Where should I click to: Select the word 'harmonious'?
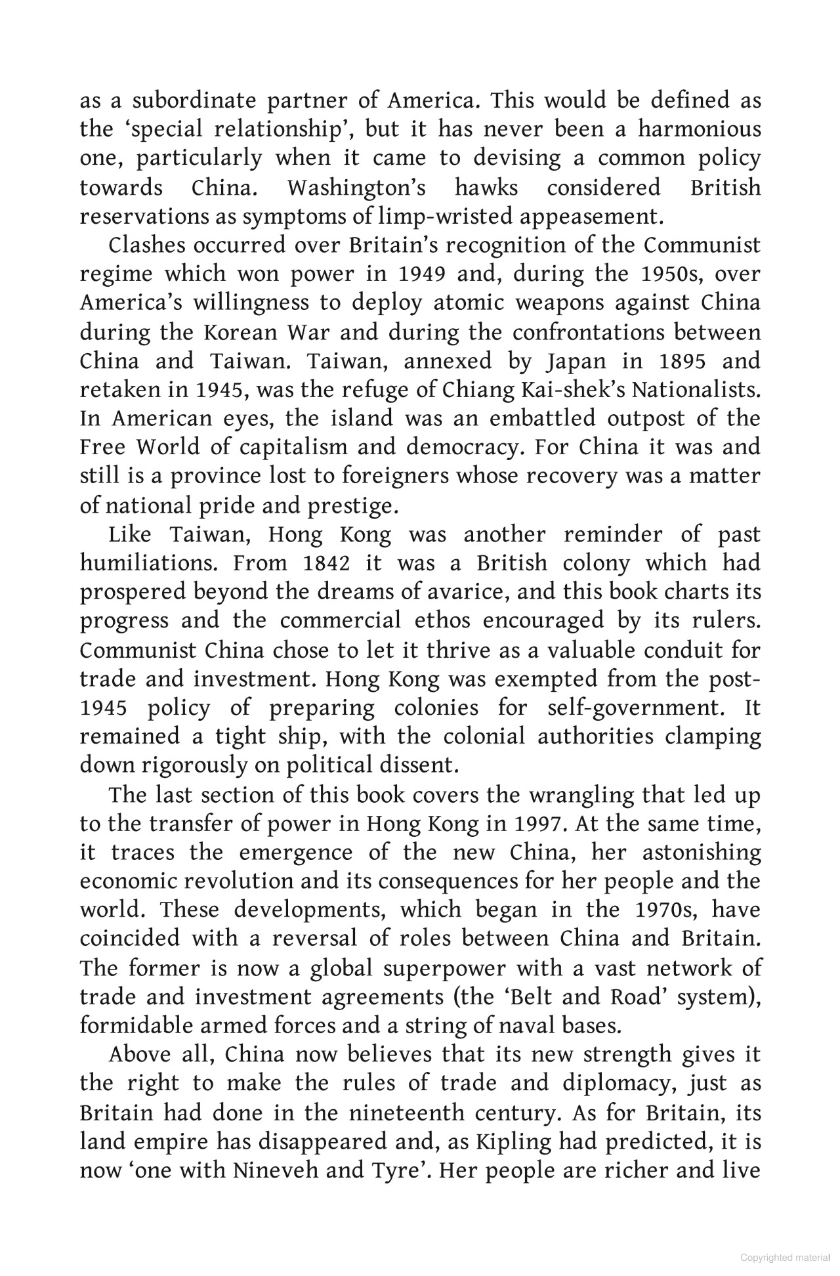click(699, 129)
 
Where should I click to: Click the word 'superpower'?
click(443, 968)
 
